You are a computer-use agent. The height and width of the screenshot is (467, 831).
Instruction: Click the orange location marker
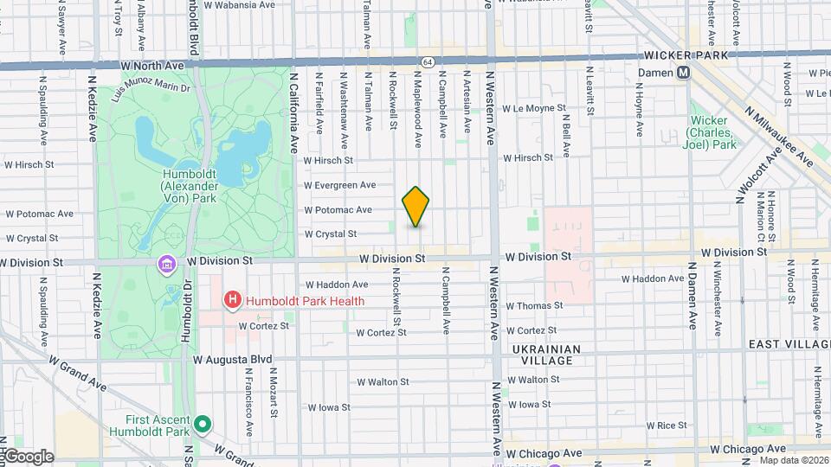416,207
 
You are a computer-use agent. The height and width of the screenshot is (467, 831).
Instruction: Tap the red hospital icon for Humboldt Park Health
232,301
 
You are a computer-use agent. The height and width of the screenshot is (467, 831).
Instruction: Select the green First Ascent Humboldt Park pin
203,424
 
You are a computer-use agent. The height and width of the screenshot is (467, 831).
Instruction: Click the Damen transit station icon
684,74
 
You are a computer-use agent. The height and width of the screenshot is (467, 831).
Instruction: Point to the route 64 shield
428,62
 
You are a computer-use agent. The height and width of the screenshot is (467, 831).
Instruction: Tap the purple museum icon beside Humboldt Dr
164,263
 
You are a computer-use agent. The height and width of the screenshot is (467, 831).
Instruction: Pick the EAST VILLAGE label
789,344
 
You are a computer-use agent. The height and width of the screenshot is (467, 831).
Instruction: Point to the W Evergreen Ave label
339,185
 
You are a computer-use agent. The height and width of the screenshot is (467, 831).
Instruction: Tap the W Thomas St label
534,305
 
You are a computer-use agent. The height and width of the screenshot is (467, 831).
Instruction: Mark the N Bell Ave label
566,135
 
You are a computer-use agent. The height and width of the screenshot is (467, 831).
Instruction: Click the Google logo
28,457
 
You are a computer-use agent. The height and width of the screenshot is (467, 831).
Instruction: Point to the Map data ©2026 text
793,460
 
